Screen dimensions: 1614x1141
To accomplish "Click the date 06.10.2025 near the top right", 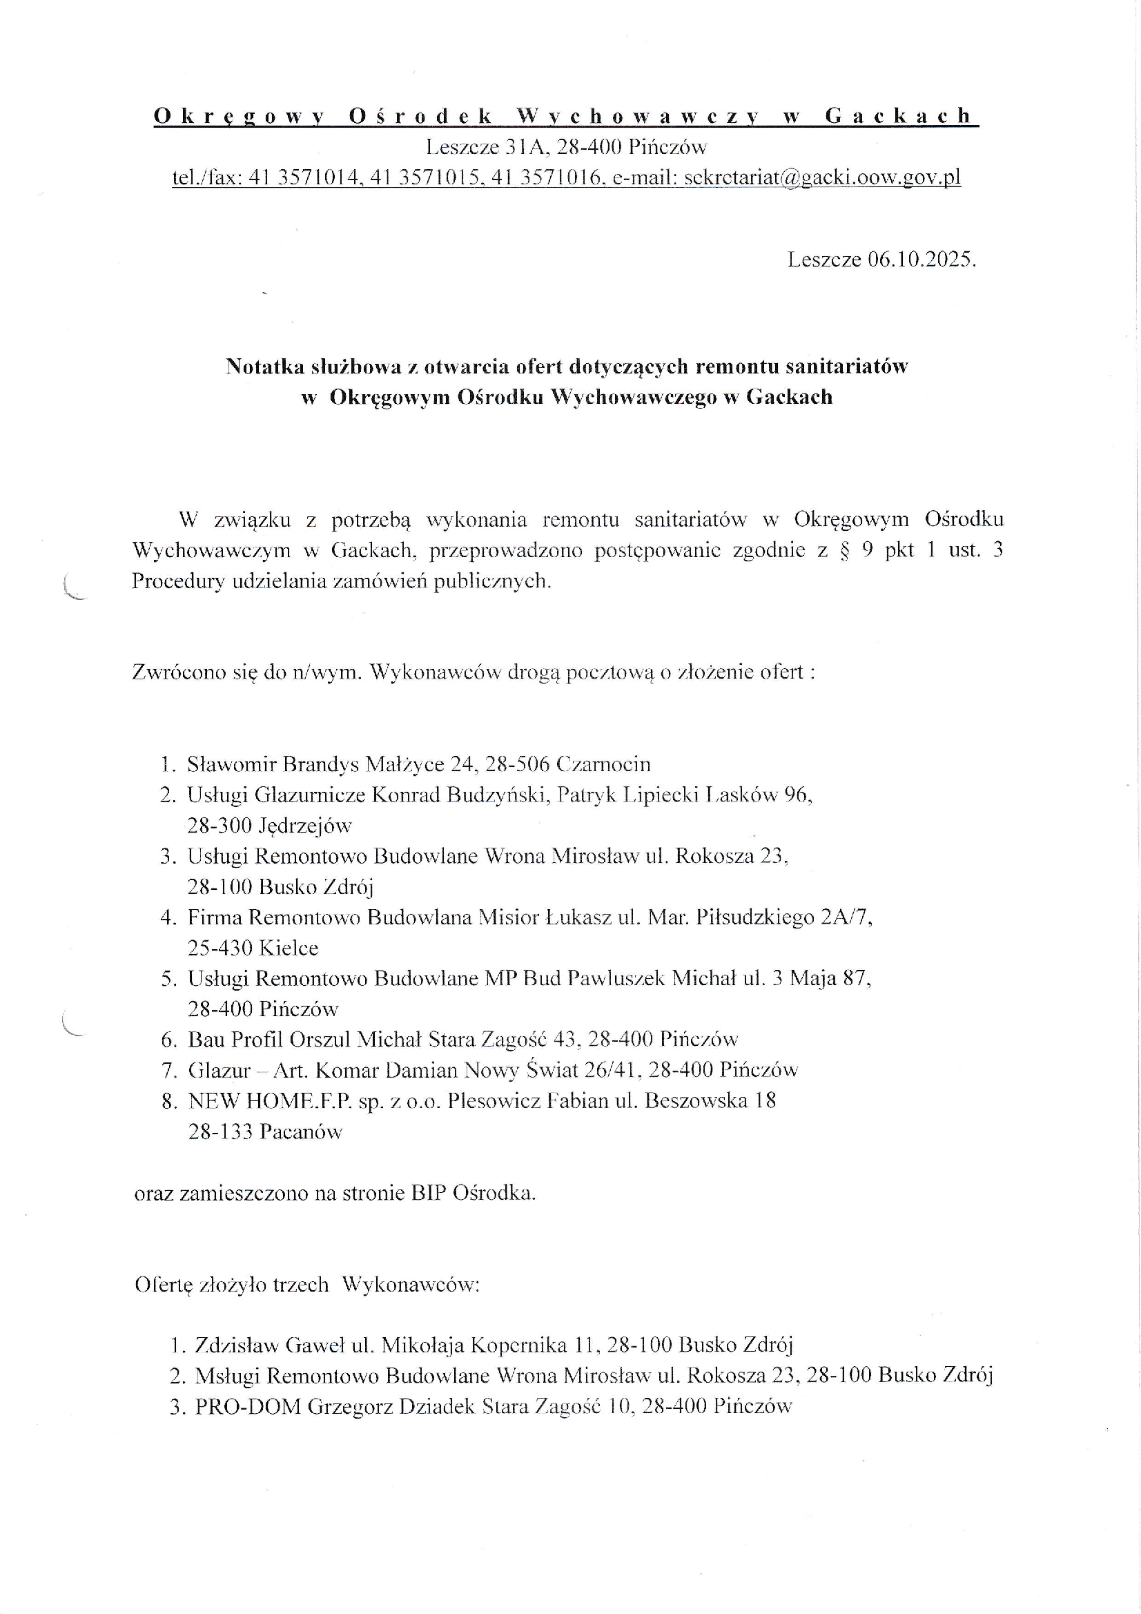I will click(x=921, y=260).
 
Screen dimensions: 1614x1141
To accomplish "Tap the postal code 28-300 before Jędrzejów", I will click(x=220, y=825).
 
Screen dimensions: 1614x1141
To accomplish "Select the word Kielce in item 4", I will click(x=289, y=948).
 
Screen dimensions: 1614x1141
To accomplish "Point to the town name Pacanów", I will click(x=301, y=1131).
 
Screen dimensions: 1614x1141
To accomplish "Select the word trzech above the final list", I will click(x=300, y=1285).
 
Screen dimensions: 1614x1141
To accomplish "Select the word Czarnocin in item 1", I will click(x=603, y=764).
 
